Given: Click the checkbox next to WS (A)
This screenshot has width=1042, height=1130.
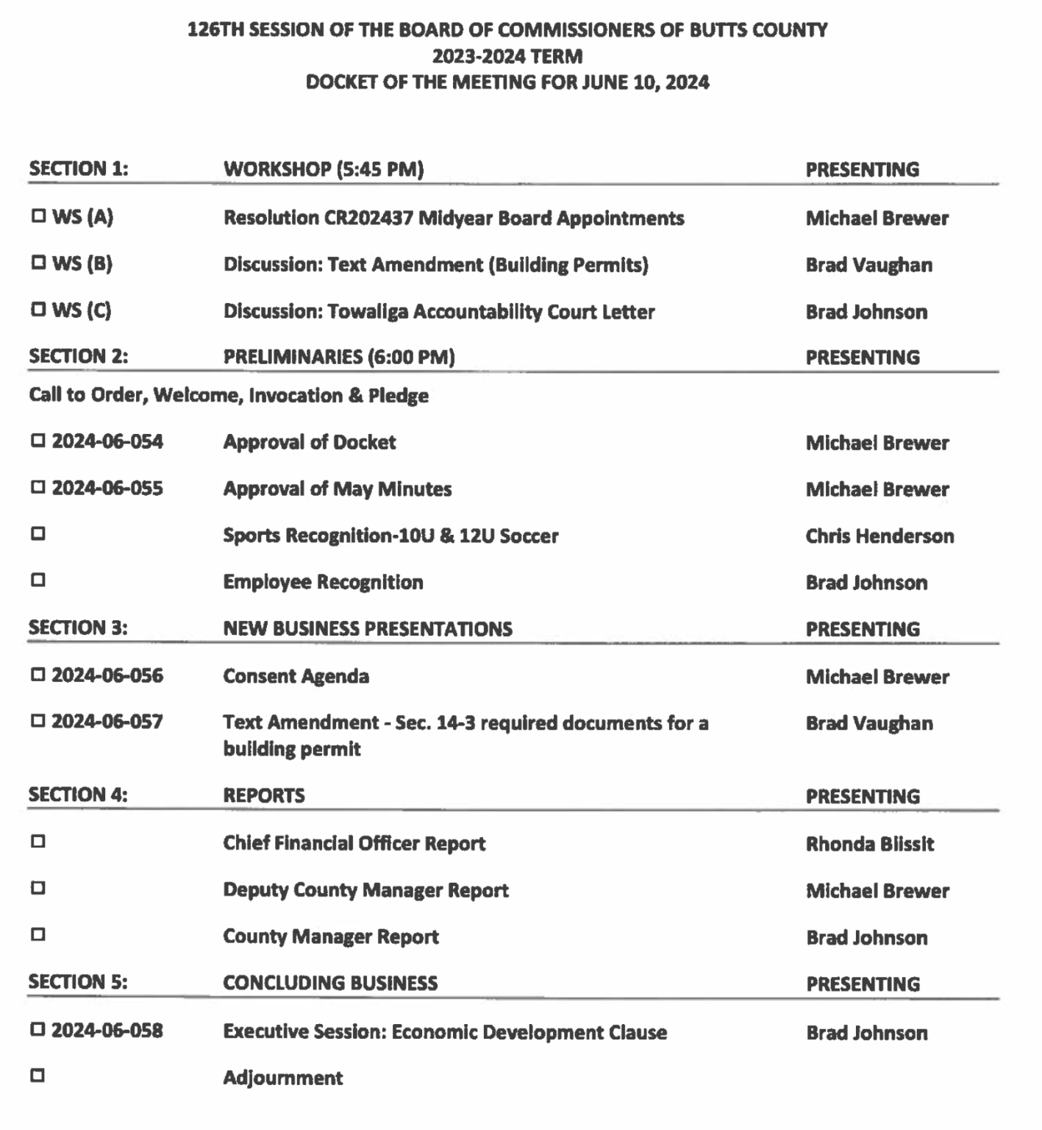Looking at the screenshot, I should click(x=38, y=217).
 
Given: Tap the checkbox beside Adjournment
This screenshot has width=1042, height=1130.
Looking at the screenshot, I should click(x=38, y=1076).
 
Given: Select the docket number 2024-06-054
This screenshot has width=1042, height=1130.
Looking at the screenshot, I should click(x=107, y=441).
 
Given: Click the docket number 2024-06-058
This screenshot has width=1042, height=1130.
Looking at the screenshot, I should click(x=107, y=1030).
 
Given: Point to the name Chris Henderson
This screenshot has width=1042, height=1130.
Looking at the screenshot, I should click(x=879, y=536).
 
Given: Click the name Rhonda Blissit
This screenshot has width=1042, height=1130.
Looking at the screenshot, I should click(x=870, y=844).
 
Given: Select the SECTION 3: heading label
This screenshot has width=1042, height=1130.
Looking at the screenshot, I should click(x=78, y=628).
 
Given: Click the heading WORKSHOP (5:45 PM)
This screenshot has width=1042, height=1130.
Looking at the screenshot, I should click(x=324, y=169).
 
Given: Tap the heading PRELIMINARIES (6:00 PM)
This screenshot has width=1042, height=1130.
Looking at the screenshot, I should click(x=339, y=357).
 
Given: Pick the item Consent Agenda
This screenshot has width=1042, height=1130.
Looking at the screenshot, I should click(x=296, y=676).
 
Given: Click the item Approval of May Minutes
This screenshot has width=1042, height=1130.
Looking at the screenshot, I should click(x=338, y=489).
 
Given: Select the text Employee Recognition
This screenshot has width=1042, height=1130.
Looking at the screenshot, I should click(x=323, y=582).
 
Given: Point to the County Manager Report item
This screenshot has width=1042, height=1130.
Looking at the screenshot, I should click(x=331, y=937).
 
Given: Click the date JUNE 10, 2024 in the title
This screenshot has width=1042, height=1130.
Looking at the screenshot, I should click(x=645, y=82).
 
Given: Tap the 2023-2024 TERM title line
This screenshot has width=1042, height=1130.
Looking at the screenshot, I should click(x=507, y=56).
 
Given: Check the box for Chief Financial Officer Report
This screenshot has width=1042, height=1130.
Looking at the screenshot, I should click(x=38, y=841).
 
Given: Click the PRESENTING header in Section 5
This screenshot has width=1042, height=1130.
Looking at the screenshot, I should click(x=863, y=984).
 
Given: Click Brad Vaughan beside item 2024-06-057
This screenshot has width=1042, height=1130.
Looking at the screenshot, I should click(x=869, y=723).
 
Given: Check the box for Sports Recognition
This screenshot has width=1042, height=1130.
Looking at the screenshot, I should click(x=38, y=534).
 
